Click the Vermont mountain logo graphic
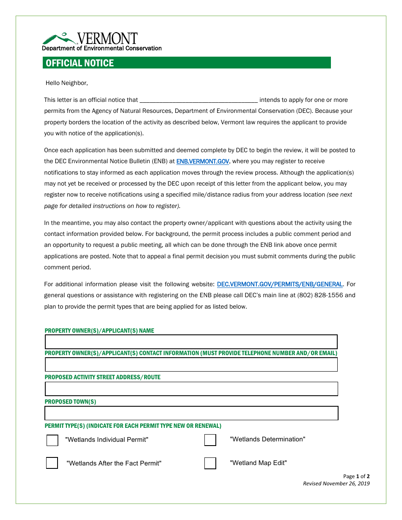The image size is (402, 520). (59, 38)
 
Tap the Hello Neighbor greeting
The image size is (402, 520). (67, 83)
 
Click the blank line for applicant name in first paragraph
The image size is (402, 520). (198, 100)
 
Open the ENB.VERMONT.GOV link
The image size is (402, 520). (203, 161)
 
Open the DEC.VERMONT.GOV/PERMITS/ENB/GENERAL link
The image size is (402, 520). (280, 285)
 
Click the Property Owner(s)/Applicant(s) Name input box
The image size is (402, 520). (191, 342)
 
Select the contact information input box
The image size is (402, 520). (191, 364)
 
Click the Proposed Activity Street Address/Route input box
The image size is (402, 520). (191, 389)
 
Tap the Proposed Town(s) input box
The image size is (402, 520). (191, 413)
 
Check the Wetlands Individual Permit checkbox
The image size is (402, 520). (52, 440)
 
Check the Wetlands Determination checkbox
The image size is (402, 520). (210, 440)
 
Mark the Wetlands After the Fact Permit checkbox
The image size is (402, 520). (52, 463)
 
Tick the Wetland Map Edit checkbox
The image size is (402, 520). (210, 463)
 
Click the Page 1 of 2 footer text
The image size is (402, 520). (356, 476)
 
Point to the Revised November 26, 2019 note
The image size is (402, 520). (336, 484)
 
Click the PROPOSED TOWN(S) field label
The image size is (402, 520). (70, 402)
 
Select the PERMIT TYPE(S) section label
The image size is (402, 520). (133, 426)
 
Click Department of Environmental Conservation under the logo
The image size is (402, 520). (102, 48)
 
